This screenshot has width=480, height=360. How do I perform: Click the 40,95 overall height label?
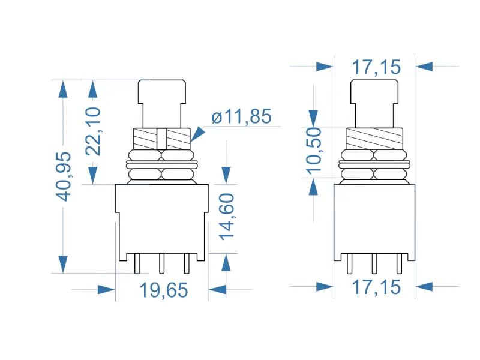(63, 176)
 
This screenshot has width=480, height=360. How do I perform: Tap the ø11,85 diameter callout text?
(242, 116)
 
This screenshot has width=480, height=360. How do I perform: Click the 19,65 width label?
(164, 290)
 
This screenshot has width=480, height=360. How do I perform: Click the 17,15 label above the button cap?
(376, 67)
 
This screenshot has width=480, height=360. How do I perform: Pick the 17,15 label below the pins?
(376, 287)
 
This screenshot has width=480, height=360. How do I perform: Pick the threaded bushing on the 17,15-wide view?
(374, 139)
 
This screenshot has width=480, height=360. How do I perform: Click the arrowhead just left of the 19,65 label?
(106, 290)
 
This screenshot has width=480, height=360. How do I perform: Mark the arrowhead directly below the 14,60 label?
(226, 262)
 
